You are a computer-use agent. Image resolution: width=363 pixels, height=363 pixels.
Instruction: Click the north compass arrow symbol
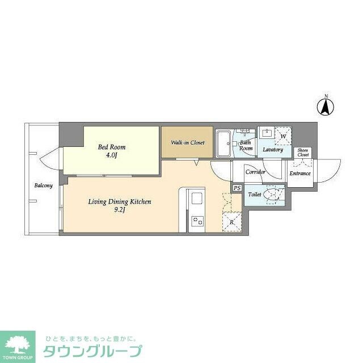click(x=326, y=105)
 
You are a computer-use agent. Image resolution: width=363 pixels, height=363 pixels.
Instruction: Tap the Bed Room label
click(x=112, y=147)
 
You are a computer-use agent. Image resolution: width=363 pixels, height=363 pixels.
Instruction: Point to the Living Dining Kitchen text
click(x=119, y=201)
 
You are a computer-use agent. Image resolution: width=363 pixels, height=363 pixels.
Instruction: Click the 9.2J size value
click(x=120, y=210)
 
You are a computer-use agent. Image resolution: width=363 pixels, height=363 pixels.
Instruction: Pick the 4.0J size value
click(x=112, y=155)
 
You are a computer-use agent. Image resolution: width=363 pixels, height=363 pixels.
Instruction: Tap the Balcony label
click(x=44, y=185)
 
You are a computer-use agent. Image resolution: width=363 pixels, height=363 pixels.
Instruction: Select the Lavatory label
click(x=273, y=150)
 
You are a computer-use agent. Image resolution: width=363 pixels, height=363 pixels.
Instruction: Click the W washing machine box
click(x=283, y=136)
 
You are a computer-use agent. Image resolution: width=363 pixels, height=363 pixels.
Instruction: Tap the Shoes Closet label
click(x=303, y=153)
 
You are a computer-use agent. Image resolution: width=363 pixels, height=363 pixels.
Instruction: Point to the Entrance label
click(x=300, y=173)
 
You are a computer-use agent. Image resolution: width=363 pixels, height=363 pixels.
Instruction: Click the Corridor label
click(x=255, y=171)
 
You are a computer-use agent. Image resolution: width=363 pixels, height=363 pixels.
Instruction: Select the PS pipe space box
click(x=237, y=188)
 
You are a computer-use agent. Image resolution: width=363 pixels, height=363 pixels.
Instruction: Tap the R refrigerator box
click(x=233, y=222)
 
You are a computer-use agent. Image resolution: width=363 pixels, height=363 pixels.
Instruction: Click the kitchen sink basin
click(x=196, y=199)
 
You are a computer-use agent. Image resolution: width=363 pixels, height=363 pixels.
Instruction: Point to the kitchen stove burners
click(x=196, y=220)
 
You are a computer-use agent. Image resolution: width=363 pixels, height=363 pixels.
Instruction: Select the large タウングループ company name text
click(x=94, y=351)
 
